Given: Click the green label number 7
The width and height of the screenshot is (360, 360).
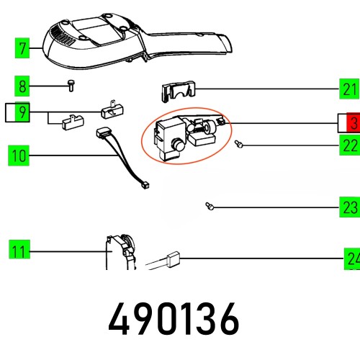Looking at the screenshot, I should (x=23, y=49).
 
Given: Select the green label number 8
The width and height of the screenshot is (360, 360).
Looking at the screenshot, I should (x=23, y=87).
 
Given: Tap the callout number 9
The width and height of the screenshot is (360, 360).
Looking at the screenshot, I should (x=23, y=112).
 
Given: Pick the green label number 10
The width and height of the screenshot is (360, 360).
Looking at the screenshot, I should (x=19, y=154).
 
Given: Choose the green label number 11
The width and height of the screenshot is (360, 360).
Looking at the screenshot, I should (x=19, y=251).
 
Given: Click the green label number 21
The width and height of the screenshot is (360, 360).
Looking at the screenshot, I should (x=349, y=89).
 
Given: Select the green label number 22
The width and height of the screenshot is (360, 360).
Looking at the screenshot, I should (x=349, y=145).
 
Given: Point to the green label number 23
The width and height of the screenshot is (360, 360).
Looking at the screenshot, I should (x=349, y=208).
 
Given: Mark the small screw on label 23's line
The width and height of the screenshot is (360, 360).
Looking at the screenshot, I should (x=207, y=207).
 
